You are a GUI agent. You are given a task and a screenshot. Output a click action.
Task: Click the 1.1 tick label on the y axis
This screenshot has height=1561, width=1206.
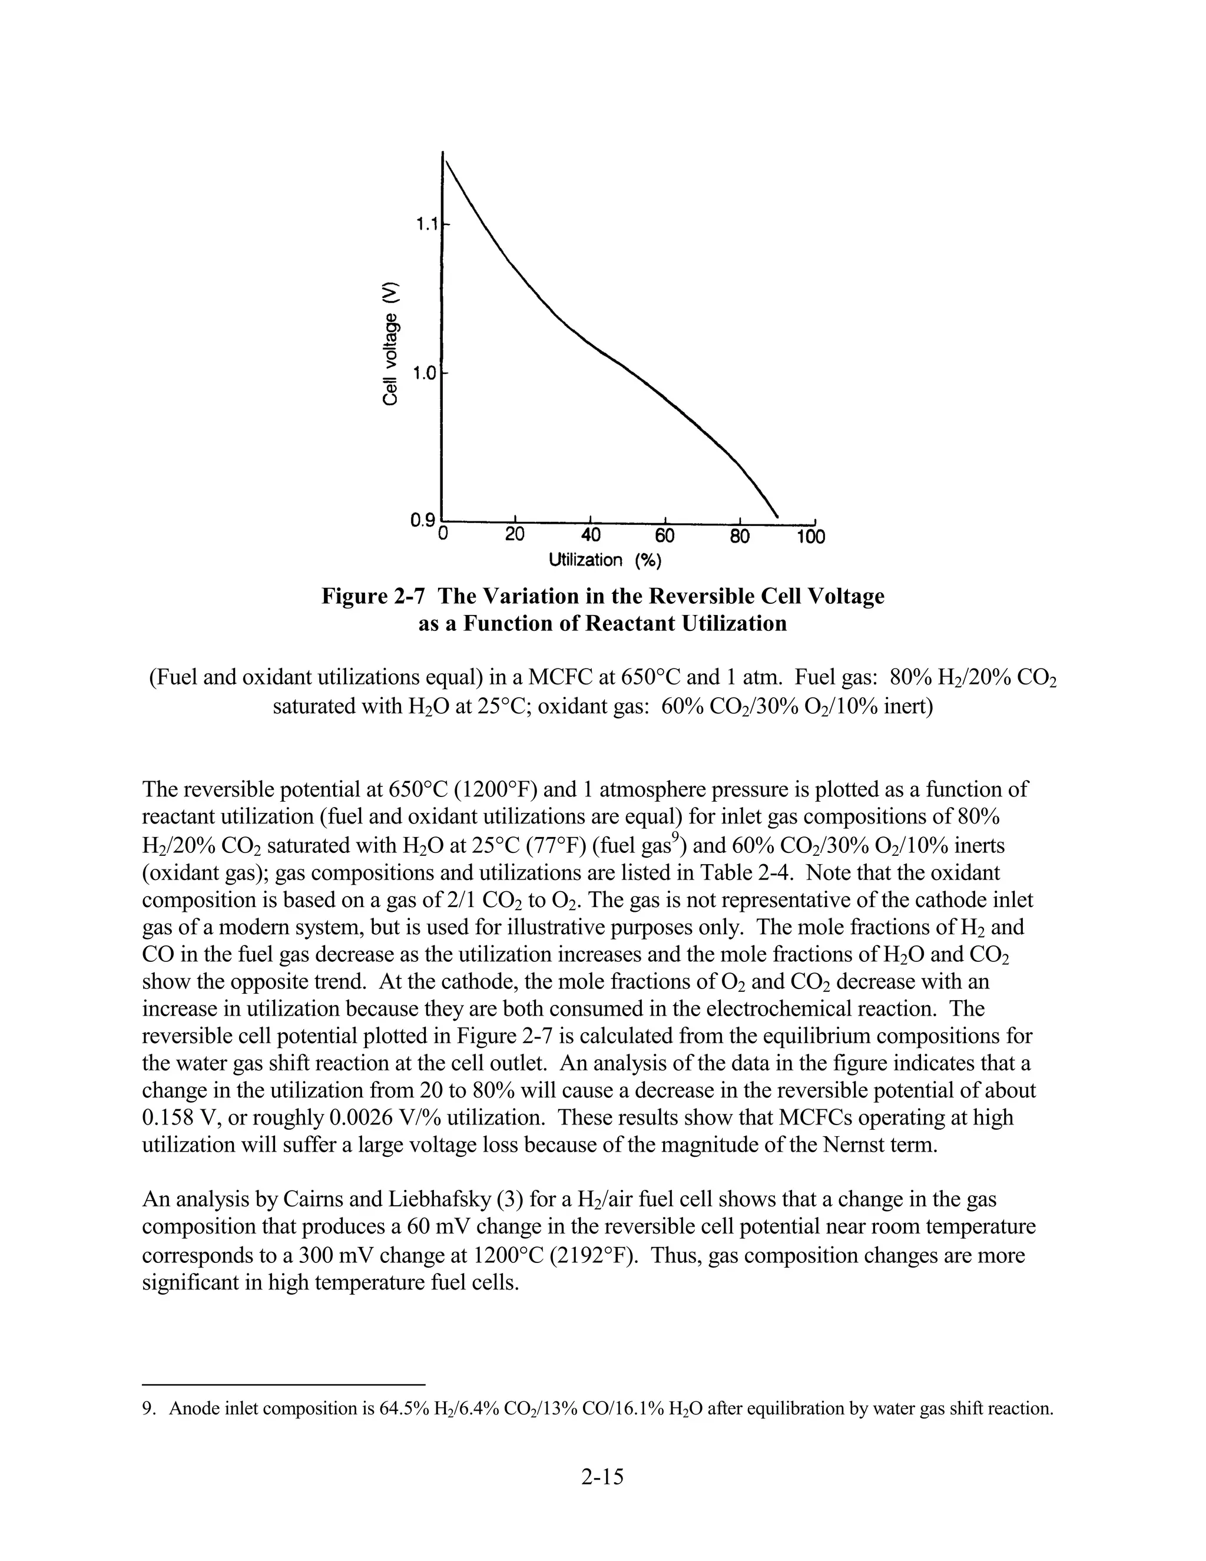(x=426, y=225)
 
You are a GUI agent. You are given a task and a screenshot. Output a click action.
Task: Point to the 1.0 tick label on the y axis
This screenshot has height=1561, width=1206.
(x=426, y=373)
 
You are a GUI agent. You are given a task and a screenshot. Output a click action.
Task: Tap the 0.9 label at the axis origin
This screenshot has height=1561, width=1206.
(x=422, y=520)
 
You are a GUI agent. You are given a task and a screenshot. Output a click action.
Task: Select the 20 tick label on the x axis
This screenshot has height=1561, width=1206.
(x=515, y=535)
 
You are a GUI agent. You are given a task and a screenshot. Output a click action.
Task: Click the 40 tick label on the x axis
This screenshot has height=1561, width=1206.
(x=590, y=535)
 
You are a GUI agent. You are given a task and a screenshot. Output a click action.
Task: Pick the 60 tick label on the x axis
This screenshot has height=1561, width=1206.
(x=665, y=535)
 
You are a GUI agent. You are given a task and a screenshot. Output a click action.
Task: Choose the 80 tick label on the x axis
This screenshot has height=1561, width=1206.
(x=740, y=535)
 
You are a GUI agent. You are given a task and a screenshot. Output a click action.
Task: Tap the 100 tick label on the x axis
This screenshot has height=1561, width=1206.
(x=811, y=536)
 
